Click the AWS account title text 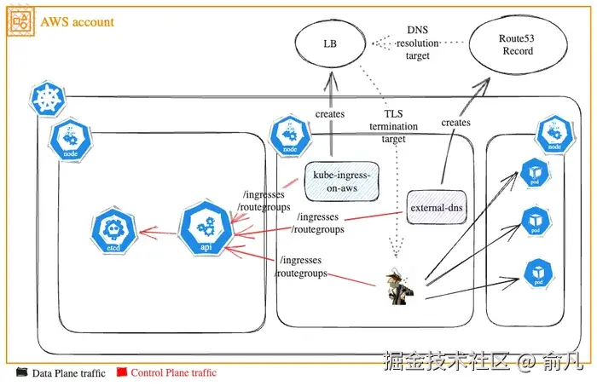(77, 22)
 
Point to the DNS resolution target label (418, 43)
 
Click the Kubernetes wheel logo (48, 100)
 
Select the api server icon (205, 227)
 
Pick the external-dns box (437, 207)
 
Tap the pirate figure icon (398, 285)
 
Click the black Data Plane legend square (23, 372)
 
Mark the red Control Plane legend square (121, 372)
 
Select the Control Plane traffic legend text (173, 372)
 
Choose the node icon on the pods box (554, 133)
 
